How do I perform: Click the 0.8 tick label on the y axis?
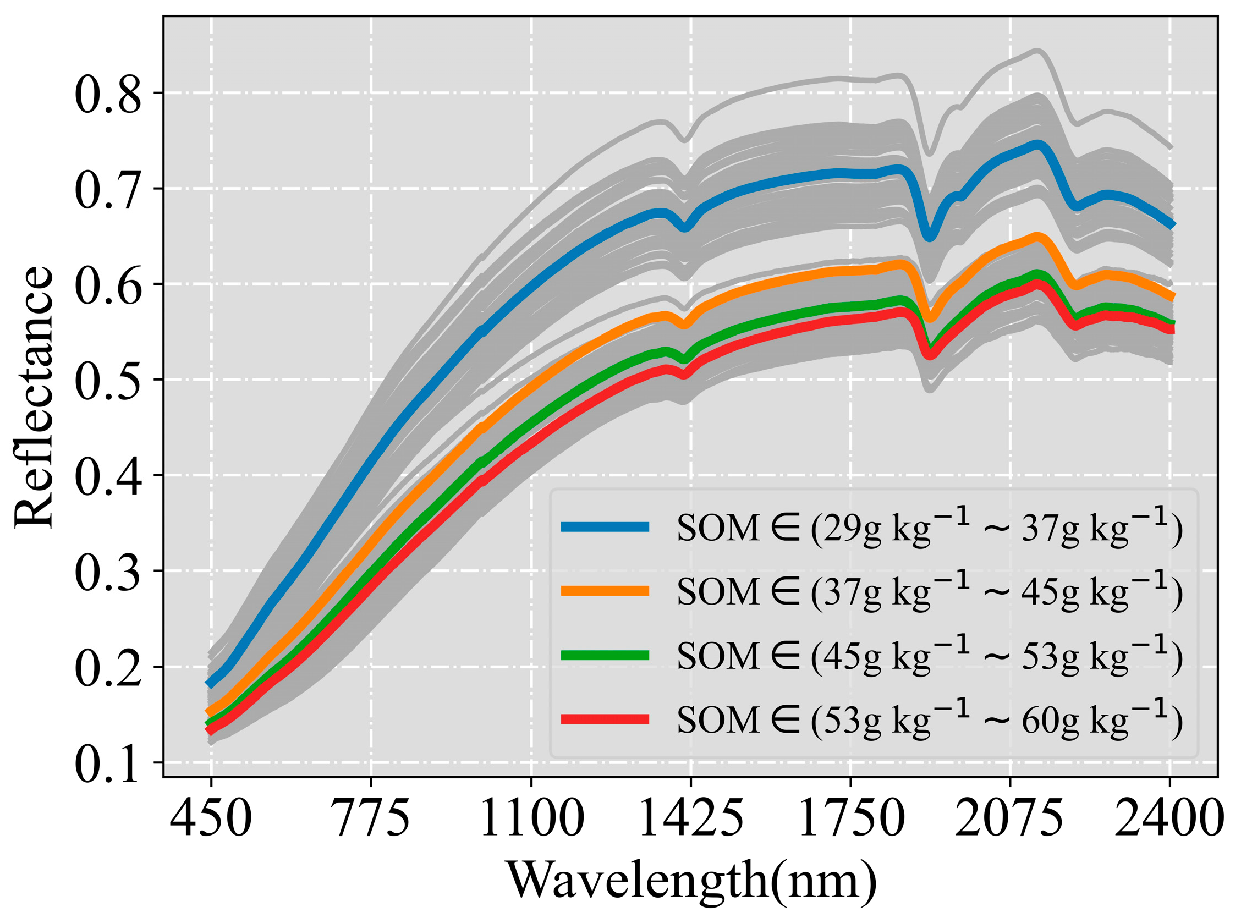tap(108, 94)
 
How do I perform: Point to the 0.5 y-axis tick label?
tap(108, 381)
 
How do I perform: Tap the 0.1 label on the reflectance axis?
tap(108, 763)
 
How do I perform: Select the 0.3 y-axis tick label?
tap(108, 572)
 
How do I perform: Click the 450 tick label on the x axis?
tap(211, 817)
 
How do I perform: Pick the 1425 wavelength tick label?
tap(690, 817)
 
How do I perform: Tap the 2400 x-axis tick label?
tap(1170, 817)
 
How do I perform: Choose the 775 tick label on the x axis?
tap(371, 817)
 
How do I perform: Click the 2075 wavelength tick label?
tap(1009, 817)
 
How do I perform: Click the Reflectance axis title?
tap(34, 396)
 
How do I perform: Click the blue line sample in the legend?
tap(605, 527)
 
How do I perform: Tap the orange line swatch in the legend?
tap(605, 591)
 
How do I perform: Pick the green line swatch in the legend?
tap(605, 655)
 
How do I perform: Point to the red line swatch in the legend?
tap(605, 719)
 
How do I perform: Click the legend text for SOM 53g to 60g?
tap(929, 719)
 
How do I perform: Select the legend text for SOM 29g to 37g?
tap(929, 527)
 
